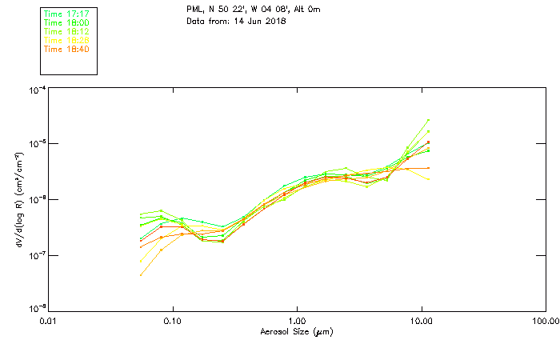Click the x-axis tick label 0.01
pyautogui.click(x=48, y=321)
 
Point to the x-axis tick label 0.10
pyautogui.click(x=172, y=321)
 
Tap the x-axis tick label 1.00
pyautogui.click(x=297, y=321)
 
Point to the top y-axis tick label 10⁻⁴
pyautogui.click(x=37, y=90)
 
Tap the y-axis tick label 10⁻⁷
pyautogui.click(x=37, y=255)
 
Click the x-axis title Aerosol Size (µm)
pyautogui.click(x=297, y=331)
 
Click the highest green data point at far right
pyautogui.click(x=429, y=120)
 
